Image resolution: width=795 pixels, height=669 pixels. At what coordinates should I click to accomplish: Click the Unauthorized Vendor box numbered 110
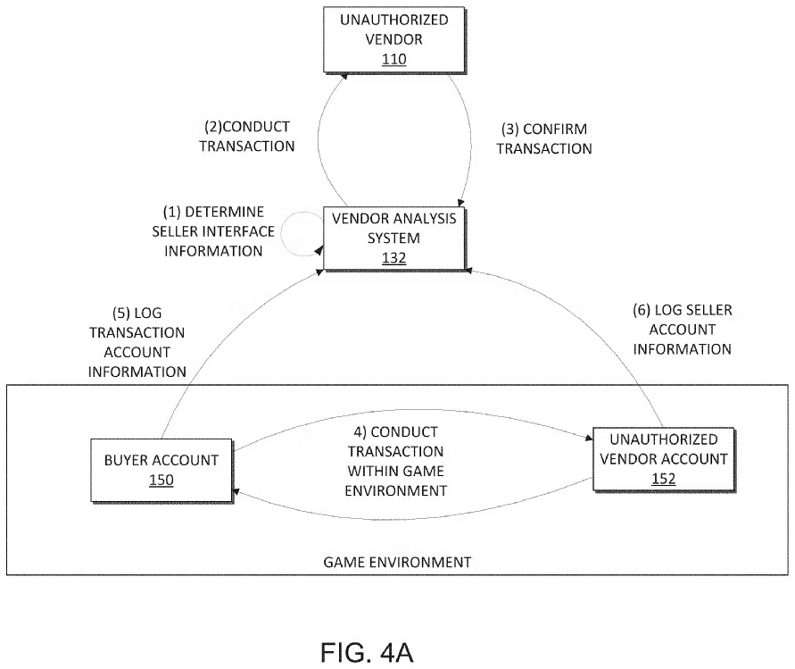pos(394,40)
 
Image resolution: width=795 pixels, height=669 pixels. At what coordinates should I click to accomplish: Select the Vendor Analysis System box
pos(394,238)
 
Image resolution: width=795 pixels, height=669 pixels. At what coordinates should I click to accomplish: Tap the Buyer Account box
pos(161,471)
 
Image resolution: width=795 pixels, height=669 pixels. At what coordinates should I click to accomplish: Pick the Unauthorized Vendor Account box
pos(664,459)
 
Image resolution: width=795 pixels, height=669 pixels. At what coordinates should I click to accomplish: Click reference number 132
pos(394,258)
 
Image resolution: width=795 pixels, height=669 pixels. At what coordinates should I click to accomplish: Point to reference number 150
pos(161,481)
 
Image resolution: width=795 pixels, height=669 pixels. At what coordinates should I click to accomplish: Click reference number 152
pos(664,479)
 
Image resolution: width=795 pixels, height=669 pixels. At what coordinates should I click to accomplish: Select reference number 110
pos(394,59)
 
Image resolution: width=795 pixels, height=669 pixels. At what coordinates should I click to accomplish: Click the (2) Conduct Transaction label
pos(247,136)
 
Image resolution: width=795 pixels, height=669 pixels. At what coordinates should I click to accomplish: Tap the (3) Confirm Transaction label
pos(544,138)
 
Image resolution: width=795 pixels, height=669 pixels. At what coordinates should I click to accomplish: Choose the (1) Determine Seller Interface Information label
pos(213,231)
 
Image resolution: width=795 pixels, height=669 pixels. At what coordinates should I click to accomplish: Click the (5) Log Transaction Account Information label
pos(137,342)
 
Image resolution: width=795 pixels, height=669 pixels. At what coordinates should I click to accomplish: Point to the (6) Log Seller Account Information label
pos(683,330)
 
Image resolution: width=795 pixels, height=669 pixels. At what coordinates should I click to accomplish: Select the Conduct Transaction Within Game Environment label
pos(395,462)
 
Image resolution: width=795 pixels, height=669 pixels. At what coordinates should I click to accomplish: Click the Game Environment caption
pos(397,563)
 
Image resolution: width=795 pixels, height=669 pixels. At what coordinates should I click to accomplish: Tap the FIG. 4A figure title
pos(367,653)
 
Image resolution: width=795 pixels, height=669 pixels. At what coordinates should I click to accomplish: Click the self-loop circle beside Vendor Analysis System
pos(282,233)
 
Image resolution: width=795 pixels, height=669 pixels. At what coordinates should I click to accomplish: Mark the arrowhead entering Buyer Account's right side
pos(236,492)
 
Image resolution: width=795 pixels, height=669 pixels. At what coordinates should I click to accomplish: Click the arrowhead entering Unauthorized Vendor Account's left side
pos(589,437)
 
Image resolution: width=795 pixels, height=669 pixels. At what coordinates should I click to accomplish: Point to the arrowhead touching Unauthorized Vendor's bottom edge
pos(344,76)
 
